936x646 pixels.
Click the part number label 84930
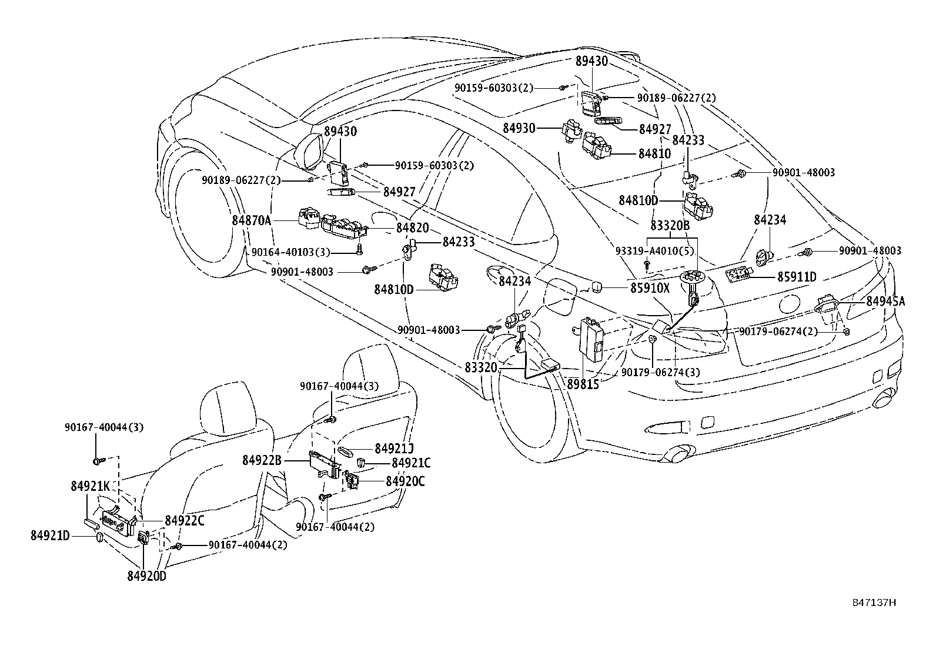point(519,128)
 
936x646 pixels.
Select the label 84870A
point(252,220)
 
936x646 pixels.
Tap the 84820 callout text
point(412,228)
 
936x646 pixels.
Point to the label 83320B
point(670,225)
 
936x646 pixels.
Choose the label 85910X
point(651,288)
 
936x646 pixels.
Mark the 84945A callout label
point(885,302)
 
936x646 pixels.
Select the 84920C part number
point(405,481)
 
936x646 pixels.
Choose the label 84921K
point(91,486)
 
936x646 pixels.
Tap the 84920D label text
point(146,576)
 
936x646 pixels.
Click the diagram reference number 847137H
point(875,603)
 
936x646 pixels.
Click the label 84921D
point(51,535)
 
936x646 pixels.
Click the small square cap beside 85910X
point(597,286)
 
